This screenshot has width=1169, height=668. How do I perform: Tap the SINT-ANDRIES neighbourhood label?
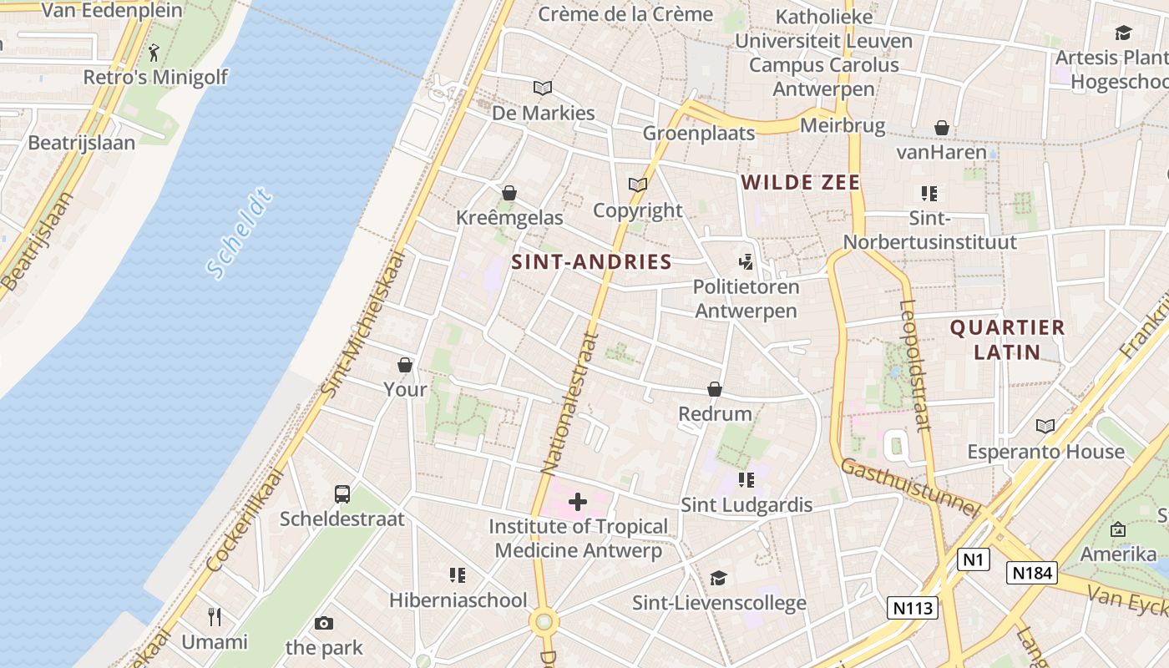(x=591, y=262)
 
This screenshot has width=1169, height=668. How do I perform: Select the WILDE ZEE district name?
(x=800, y=182)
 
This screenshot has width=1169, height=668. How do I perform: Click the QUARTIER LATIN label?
(x=1007, y=339)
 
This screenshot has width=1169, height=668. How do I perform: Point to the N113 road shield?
(x=913, y=607)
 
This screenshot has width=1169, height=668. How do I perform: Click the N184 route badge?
(x=1032, y=573)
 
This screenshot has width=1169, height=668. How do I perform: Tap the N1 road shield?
(x=973, y=559)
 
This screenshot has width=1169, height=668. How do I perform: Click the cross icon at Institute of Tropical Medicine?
(x=577, y=503)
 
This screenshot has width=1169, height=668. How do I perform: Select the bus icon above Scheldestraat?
(x=342, y=493)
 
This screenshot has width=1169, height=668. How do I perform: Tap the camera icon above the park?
(x=324, y=623)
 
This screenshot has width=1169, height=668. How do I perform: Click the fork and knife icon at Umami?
(x=215, y=617)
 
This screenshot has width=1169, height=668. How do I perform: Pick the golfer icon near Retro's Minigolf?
(x=154, y=53)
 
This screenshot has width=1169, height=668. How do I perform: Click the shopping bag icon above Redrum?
(x=715, y=389)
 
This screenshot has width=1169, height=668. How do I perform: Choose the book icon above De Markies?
(x=543, y=88)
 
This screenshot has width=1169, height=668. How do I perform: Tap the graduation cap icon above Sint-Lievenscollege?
(x=718, y=578)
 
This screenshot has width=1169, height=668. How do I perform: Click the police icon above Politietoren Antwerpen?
(x=746, y=262)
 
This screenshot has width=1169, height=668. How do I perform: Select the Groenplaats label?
(x=698, y=133)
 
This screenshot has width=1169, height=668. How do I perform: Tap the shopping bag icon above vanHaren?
(x=942, y=128)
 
